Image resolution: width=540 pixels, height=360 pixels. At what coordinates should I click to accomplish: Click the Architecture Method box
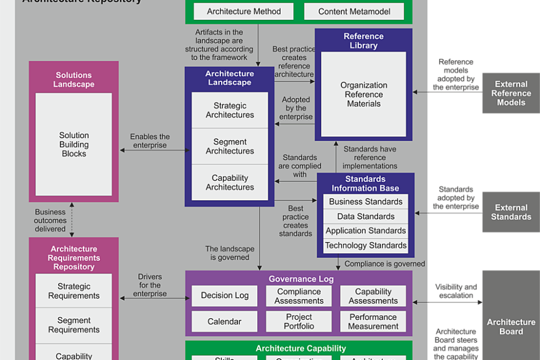(244, 11)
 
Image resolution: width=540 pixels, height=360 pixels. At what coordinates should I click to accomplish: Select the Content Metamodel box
(354, 11)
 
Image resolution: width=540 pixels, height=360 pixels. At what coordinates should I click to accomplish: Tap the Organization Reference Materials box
(363, 94)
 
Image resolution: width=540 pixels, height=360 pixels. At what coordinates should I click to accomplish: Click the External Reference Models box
(511, 93)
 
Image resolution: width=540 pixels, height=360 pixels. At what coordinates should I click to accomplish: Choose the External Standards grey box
(511, 212)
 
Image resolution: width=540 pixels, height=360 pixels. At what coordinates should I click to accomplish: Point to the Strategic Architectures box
(230, 110)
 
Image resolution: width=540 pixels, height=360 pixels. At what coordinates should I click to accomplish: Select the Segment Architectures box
(230, 146)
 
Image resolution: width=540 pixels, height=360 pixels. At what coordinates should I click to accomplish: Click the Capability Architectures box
(230, 182)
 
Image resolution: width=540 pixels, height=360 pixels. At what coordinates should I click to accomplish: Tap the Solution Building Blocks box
(74, 145)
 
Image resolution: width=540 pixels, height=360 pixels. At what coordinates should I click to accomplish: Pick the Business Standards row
(366, 202)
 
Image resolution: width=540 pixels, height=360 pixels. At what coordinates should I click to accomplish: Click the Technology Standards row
(366, 246)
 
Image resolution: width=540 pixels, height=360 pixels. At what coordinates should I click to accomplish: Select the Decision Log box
(225, 296)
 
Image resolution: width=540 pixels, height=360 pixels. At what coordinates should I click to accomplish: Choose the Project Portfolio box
(299, 322)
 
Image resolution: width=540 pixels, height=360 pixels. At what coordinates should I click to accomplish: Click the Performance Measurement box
(373, 322)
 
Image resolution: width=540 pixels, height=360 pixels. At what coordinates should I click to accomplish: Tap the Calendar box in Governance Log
(225, 322)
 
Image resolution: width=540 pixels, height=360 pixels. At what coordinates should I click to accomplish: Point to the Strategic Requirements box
(74, 291)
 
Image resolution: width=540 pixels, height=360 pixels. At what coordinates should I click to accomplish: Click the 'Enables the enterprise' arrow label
(150, 141)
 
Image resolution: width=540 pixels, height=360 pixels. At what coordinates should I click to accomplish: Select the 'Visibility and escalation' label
(456, 291)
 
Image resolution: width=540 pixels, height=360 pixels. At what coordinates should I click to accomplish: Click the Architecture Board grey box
(511, 326)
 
